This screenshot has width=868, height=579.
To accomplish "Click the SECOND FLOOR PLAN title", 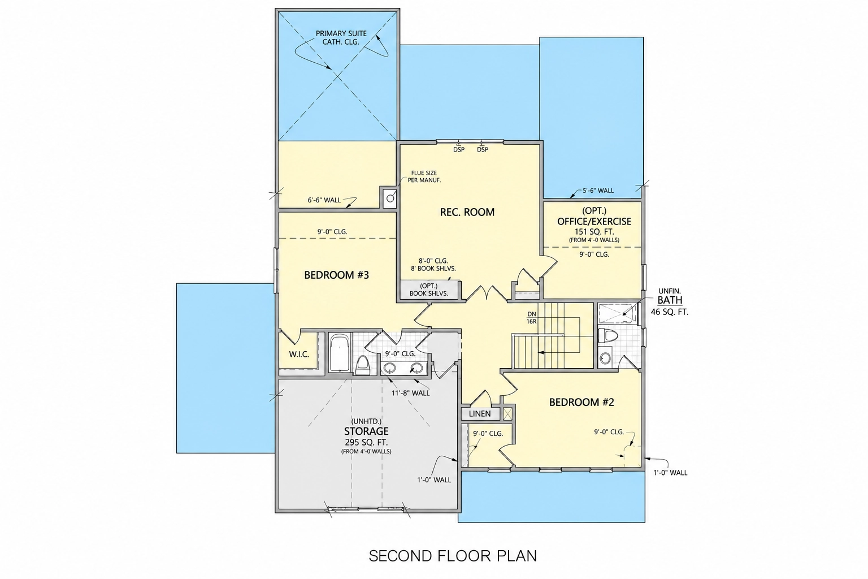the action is (x=453, y=556).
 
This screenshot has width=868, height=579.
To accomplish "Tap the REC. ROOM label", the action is (x=467, y=212).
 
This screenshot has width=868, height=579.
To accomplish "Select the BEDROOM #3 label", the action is (x=336, y=275).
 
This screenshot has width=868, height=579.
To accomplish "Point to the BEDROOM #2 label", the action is (x=581, y=402).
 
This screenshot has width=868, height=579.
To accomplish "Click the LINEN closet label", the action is (x=480, y=414).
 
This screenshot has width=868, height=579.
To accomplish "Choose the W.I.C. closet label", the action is (x=299, y=355).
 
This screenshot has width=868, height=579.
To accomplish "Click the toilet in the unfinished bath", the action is (x=605, y=335).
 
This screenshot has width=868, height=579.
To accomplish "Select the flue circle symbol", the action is (x=390, y=198).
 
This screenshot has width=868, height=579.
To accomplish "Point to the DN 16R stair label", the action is (x=531, y=318).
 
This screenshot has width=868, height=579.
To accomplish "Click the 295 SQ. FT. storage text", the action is (x=366, y=443).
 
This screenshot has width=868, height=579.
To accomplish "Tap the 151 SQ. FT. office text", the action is (x=594, y=232).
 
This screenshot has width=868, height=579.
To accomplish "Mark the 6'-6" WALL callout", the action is (x=324, y=200).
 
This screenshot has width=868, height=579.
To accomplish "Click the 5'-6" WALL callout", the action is (x=598, y=191).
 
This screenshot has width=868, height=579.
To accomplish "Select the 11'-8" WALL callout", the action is (x=410, y=393).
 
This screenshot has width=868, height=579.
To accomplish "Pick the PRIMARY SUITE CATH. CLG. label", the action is (x=341, y=38).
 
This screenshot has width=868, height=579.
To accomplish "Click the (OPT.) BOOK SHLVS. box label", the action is (x=428, y=289).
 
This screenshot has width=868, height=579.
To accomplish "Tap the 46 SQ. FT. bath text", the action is (x=670, y=312).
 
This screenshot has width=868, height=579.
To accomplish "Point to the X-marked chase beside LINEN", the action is (x=507, y=413).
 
